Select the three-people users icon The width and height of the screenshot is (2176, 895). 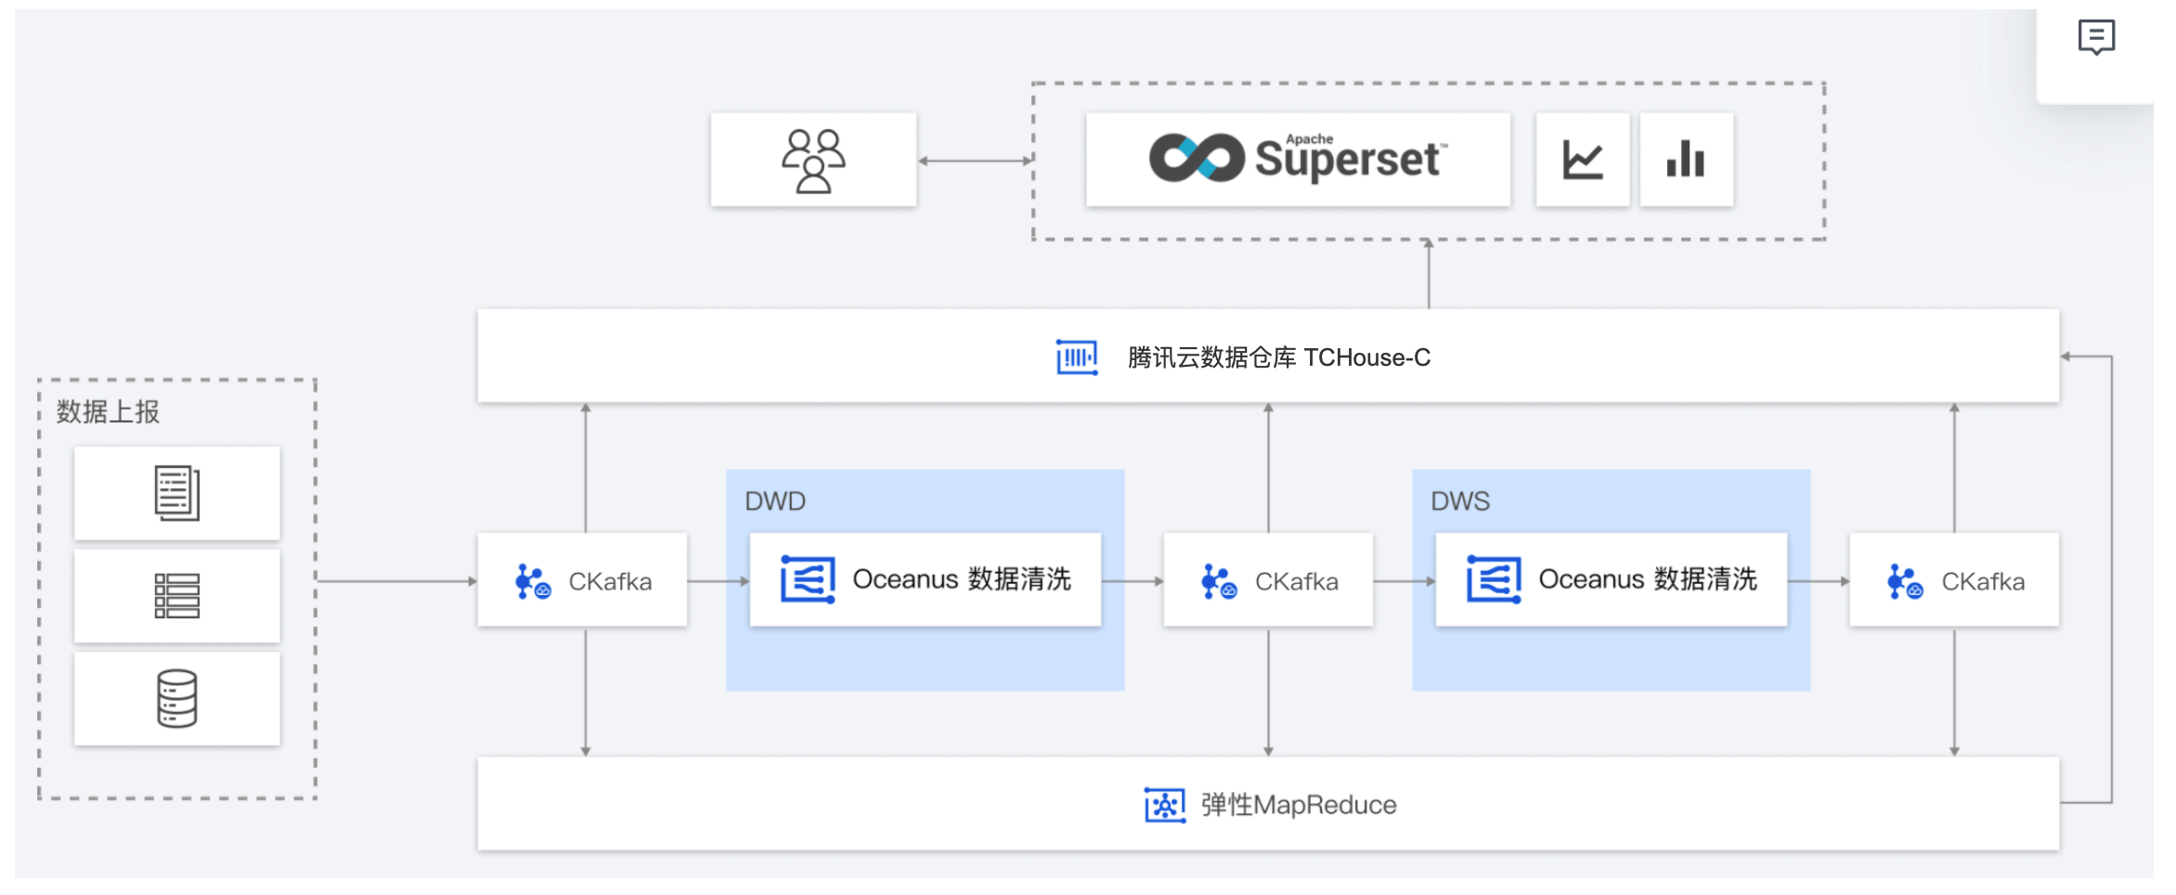pyautogui.click(x=813, y=160)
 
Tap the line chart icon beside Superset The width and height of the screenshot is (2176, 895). pyautogui.click(x=1583, y=160)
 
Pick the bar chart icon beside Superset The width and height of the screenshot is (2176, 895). pyautogui.click(x=1686, y=160)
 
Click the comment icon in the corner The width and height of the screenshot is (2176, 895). pyautogui.click(x=2096, y=37)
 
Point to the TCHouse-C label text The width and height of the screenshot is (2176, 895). pyautogui.click(x=1278, y=357)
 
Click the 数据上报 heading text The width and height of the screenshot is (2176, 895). pyautogui.click(x=108, y=411)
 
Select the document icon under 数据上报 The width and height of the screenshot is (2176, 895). pyautogui.click(x=176, y=493)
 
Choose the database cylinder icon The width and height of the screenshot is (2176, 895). pyautogui.click(x=176, y=698)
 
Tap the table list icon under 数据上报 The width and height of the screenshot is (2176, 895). pyautogui.click(x=176, y=596)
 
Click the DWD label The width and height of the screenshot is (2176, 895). pyautogui.click(x=775, y=501)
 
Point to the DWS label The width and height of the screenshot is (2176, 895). pyautogui.click(x=1460, y=501)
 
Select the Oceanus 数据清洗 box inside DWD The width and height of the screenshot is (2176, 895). pyautogui.click(x=926, y=579)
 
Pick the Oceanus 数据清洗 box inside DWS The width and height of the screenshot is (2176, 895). pyautogui.click(x=1611, y=579)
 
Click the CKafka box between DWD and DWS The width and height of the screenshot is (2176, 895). pyautogui.click(x=1268, y=580)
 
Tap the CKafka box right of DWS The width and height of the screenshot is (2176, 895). pyautogui.click(x=1954, y=580)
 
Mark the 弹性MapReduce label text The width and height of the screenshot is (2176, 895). pyautogui.click(x=1298, y=805)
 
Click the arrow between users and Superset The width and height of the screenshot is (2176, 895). pyautogui.click(x=975, y=161)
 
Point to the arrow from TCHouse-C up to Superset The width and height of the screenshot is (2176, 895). pyautogui.click(x=1429, y=274)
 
